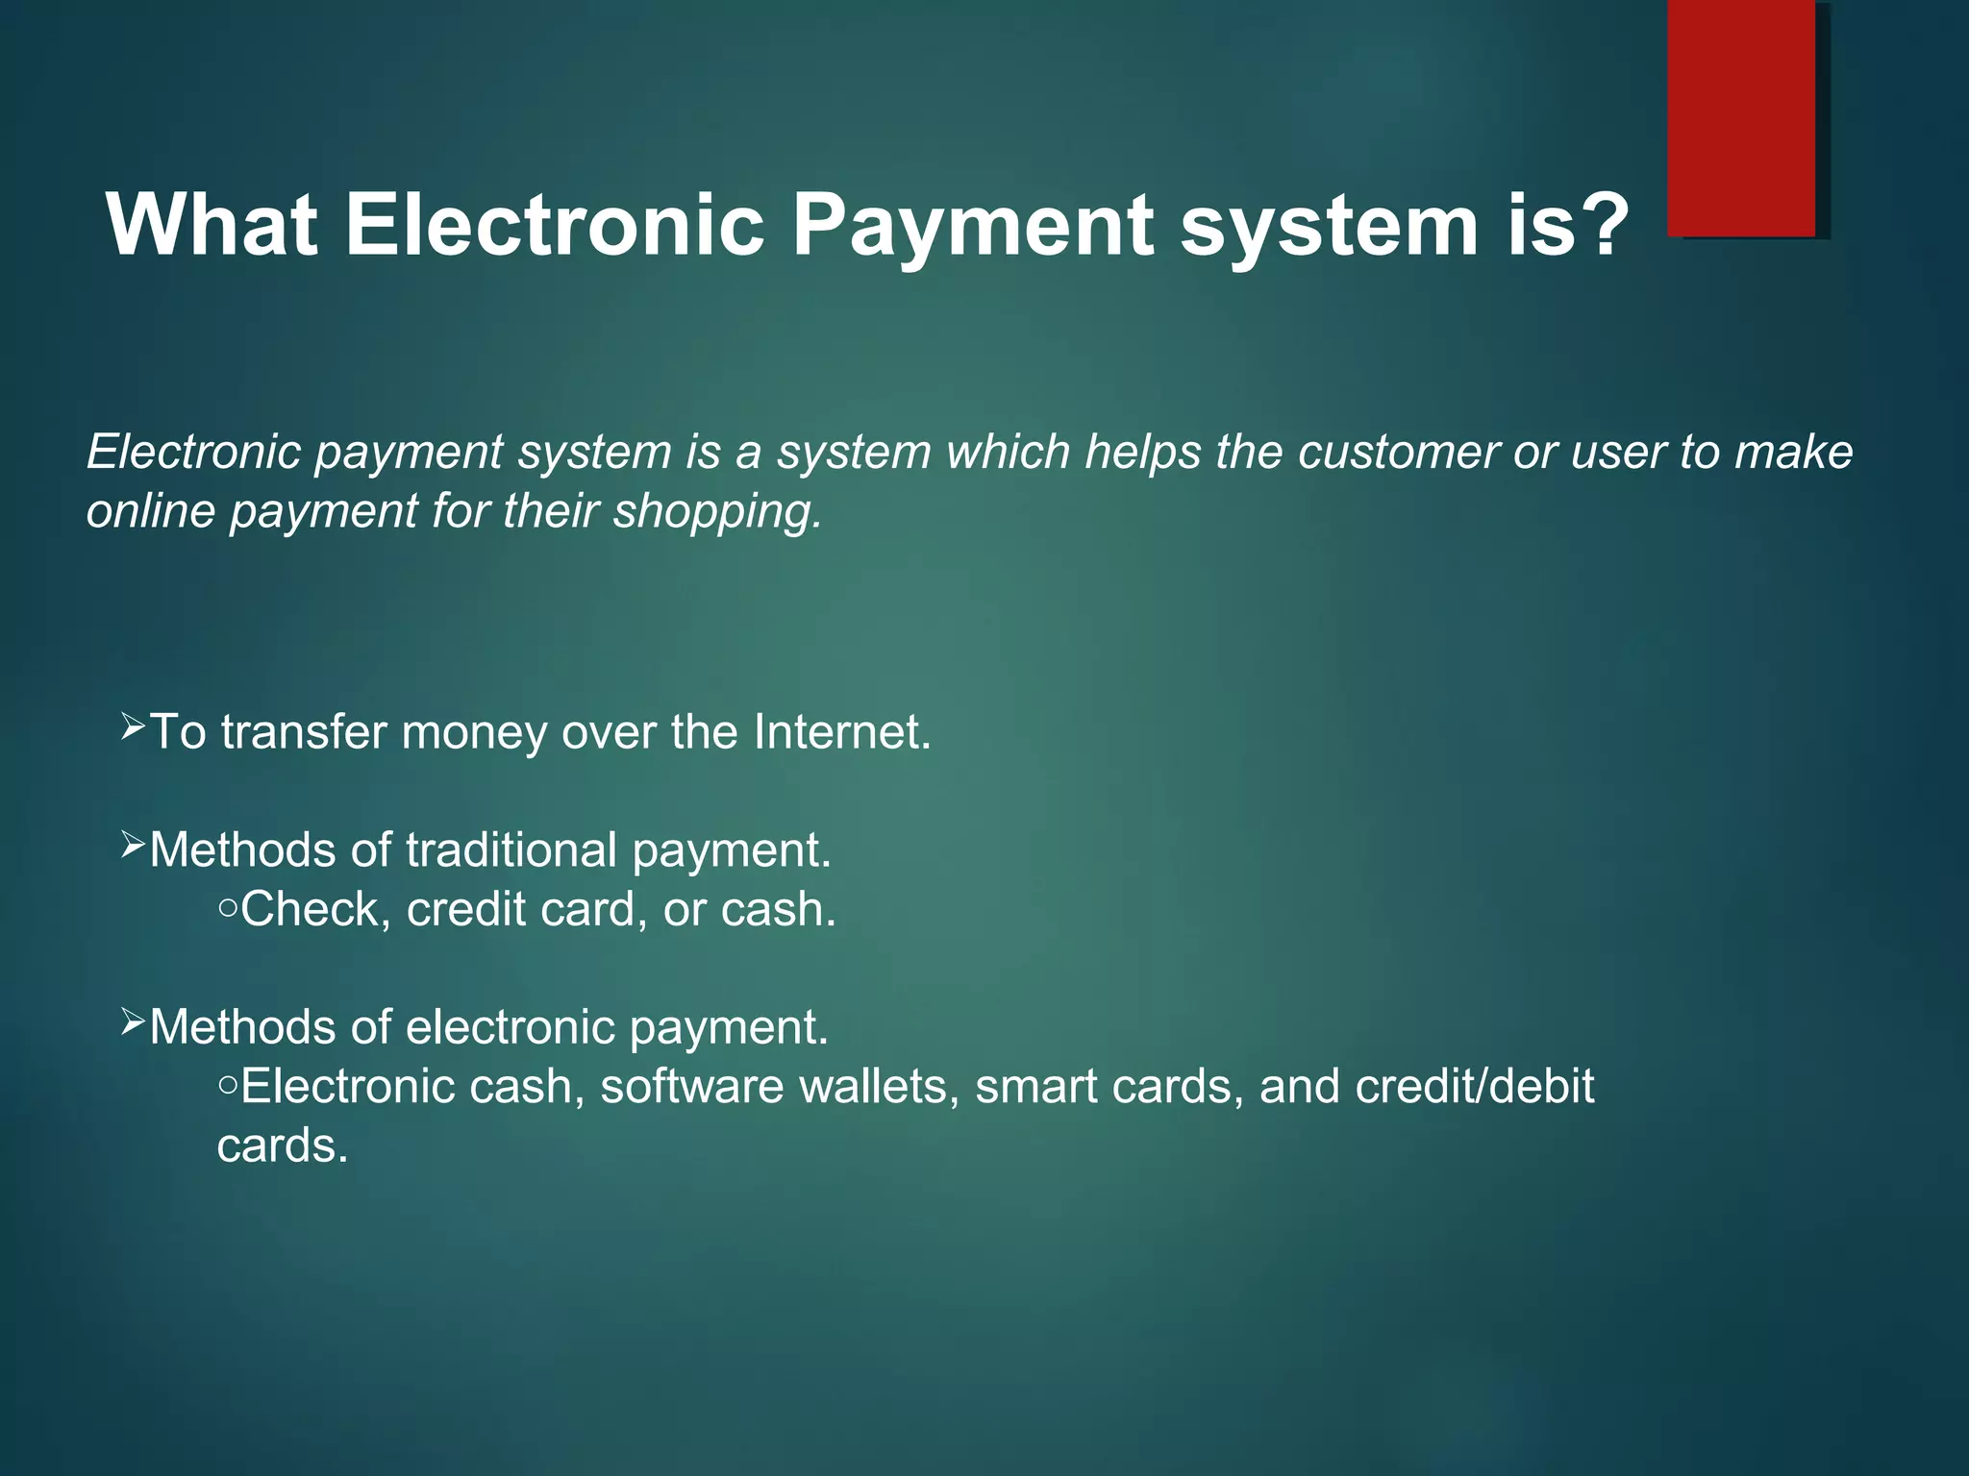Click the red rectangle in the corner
pyautogui.click(x=1741, y=117)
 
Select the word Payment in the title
pyautogui.click(x=972, y=227)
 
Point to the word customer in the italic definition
pyautogui.click(x=1399, y=452)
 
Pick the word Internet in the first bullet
pyautogui.click(x=842, y=732)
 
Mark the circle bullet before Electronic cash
pyautogui.click(x=228, y=1084)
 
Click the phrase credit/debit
pyautogui.click(x=1474, y=1087)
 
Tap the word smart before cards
pyautogui.click(x=1035, y=1087)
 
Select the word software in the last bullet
pyautogui.click(x=691, y=1087)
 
